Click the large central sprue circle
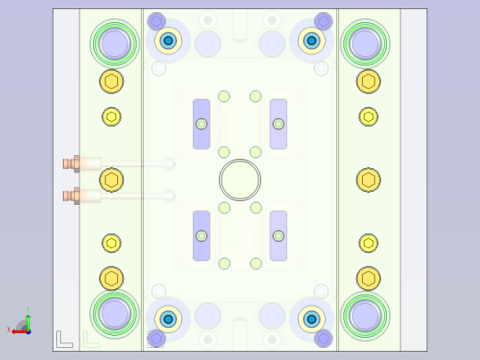point(240,180)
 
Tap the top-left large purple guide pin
point(114,42)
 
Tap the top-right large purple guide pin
point(366,42)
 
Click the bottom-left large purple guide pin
point(114,314)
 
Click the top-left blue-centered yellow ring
point(168,40)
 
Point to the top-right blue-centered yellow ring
point(312,40)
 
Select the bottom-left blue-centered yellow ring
point(168,319)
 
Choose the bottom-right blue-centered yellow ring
point(312,319)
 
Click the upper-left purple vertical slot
point(201,124)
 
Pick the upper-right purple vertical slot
point(278,124)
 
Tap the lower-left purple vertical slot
point(201,235)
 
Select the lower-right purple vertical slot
point(278,235)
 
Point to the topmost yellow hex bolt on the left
point(112,81)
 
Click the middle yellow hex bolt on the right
point(368,180)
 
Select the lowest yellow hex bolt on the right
point(368,278)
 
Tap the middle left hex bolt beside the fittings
point(112,180)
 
